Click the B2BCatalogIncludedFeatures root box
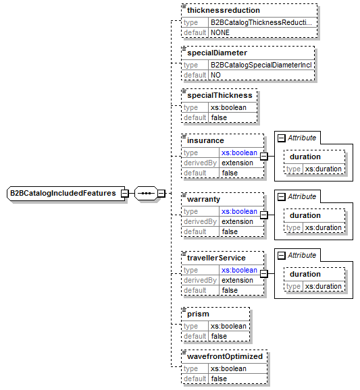pyautogui.click(x=62, y=194)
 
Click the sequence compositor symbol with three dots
pyautogui.click(x=145, y=194)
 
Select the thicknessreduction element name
pyautogui.click(x=223, y=11)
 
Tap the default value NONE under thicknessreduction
pyautogui.click(x=220, y=32)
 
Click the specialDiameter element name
pyautogui.click(x=217, y=53)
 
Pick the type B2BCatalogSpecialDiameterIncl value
pyautogui.click(x=260, y=64)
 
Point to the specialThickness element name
pyautogui.click(x=220, y=96)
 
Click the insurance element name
pyautogui.click(x=205, y=141)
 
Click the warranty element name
pyautogui.click(x=204, y=200)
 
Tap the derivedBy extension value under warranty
pyautogui.click(x=237, y=221)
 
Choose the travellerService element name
pyautogui.click(x=216, y=258)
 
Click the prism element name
pyautogui.click(x=199, y=314)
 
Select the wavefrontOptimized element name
pyautogui.click(x=224, y=356)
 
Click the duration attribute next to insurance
pyautogui.click(x=305, y=157)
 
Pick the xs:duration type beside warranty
pyautogui.click(x=323, y=227)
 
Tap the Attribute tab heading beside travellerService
pyautogui.click(x=302, y=255)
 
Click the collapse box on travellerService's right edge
pyautogui.click(x=264, y=274)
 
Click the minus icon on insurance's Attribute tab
pyautogui.click(x=281, y=138)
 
